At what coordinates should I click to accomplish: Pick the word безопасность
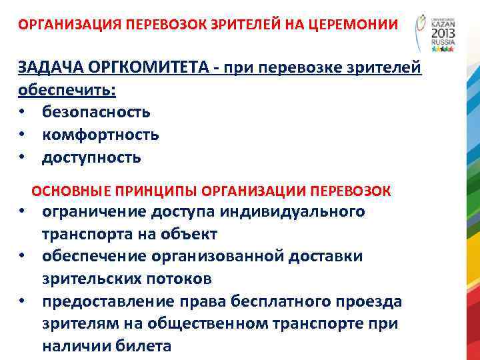point(96,112)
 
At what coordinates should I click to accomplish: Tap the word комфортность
point(101,135)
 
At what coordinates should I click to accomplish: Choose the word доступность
point(92,157)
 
